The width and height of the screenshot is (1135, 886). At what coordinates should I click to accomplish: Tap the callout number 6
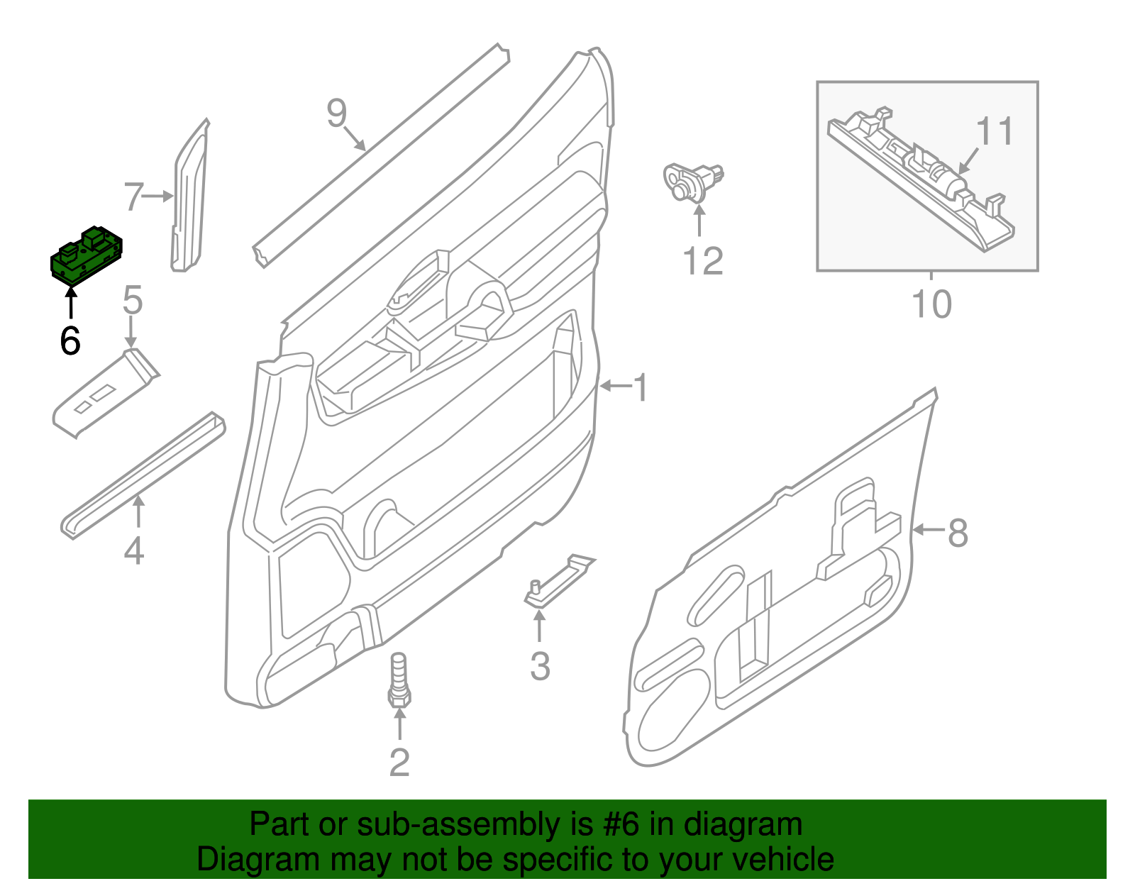(70, 341)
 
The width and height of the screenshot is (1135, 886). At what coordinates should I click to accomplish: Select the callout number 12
(702, 261)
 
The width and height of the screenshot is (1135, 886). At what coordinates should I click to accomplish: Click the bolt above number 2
(399, 680)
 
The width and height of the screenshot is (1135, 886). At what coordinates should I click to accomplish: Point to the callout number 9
(336, 113)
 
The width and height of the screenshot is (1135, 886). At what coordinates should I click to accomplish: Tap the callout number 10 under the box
(931, 304)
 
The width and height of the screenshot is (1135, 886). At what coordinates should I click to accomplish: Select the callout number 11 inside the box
(995, 131)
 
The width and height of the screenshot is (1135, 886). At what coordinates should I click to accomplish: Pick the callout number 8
(958, 532)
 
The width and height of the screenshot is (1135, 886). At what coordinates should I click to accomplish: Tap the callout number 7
(133, 196)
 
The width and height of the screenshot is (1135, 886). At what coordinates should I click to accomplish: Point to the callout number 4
(133, 550)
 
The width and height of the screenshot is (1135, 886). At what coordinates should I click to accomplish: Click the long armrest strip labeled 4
(142, 475)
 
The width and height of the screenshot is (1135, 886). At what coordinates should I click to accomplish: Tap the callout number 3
(540, 666)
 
